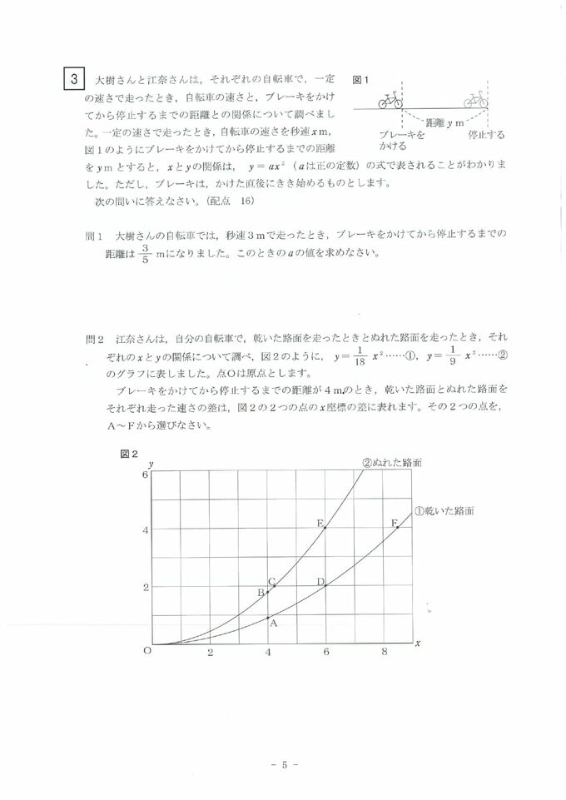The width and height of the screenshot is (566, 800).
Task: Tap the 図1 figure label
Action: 360,81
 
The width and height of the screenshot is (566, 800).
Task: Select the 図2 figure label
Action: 127,454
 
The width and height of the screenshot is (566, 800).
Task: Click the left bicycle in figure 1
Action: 390,102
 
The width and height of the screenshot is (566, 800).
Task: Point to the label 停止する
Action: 486,134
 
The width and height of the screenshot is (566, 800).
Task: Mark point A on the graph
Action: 268,617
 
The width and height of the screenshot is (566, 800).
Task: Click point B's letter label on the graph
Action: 260,592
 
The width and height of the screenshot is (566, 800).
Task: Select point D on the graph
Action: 325,585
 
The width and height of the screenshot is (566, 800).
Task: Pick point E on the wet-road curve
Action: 325,527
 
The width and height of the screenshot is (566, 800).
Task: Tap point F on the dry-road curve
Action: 398,527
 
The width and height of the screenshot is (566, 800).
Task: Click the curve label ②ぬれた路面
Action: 391,464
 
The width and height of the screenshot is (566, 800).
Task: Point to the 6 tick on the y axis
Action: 145,474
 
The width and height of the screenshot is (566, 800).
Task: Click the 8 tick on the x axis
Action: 384,653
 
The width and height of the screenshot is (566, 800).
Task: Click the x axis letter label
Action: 417,643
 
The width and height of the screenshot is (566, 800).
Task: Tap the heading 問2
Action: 96,340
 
